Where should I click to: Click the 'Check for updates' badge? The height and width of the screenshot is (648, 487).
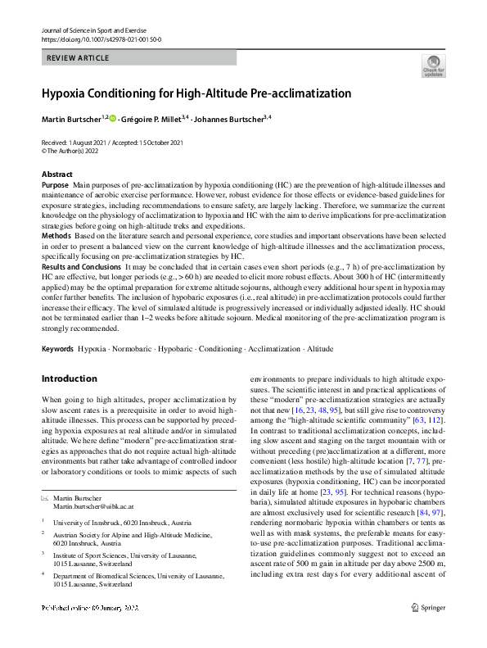click(x=433, y=66)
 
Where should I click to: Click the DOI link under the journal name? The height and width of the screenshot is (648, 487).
click(x=101, y=39)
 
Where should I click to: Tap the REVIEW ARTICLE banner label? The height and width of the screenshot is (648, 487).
click(x=78, y=57)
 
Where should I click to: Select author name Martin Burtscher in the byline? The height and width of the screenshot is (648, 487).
click(x=71, y=119)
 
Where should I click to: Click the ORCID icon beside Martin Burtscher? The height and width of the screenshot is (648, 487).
click(x=111, y=119)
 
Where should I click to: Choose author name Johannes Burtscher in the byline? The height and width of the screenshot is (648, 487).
click(x=228, y=119)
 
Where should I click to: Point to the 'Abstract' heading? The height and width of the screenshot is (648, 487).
click(x=57, y=174)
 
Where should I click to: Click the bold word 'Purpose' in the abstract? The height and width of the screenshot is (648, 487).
click(x=55, y=186)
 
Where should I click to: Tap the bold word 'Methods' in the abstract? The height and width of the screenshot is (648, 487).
click(x=55, y=236)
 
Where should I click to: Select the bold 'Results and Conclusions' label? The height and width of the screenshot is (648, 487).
click(x=81, y=267)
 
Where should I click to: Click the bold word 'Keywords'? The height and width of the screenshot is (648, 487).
click(x=57, y=348)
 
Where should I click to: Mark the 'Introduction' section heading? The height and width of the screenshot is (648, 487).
click(x=69, y=378)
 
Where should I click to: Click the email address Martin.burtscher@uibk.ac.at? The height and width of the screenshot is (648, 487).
click(x=98, y=508)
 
